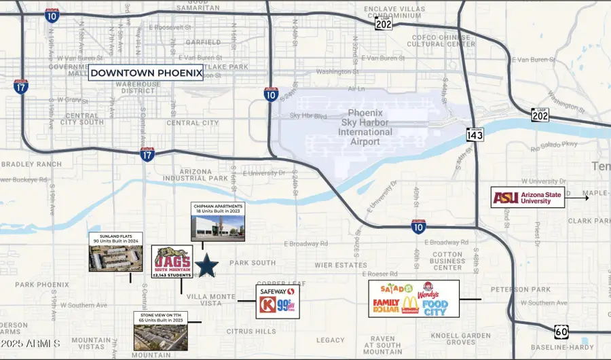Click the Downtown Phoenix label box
coord(146,73)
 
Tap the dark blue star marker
coord(206,265)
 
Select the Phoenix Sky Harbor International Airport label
coord(370,123)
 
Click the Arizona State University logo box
coord(527,198)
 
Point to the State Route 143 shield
coord(475,134)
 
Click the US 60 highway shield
coord(561,332)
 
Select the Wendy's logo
coord(428,289)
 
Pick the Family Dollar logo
coord(385,305)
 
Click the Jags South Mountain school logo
coord(171,262)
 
